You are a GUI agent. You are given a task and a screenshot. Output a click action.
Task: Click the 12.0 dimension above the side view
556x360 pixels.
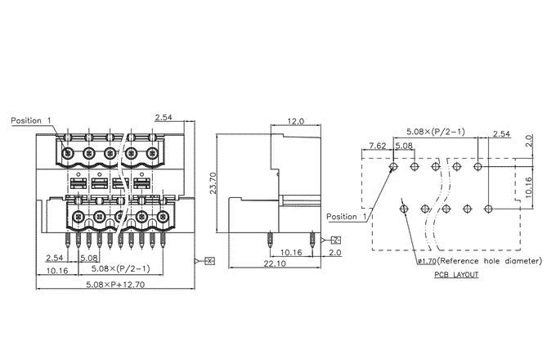(295, 121)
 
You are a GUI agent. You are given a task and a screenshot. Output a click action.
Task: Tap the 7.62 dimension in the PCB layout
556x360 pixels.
(401, 146)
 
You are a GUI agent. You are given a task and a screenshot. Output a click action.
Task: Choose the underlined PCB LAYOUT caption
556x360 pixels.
(457, 275)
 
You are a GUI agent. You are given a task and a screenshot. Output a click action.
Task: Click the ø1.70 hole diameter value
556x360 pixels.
(427, 262)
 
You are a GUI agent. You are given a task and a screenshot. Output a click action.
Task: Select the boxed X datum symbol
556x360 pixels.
(209, 261)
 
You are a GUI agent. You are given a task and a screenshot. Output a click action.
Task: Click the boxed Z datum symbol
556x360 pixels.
(337, 240)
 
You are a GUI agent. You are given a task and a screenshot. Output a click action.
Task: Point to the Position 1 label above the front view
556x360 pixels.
(31, 121)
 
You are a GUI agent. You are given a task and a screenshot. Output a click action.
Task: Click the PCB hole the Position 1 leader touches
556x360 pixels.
(394, 166)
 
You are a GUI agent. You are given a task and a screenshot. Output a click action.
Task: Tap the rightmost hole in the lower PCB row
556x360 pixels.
(489, 208)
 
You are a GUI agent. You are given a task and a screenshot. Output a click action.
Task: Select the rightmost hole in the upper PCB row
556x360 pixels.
(478, 166)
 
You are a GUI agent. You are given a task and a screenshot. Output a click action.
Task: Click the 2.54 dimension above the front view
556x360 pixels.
(164, 118)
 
